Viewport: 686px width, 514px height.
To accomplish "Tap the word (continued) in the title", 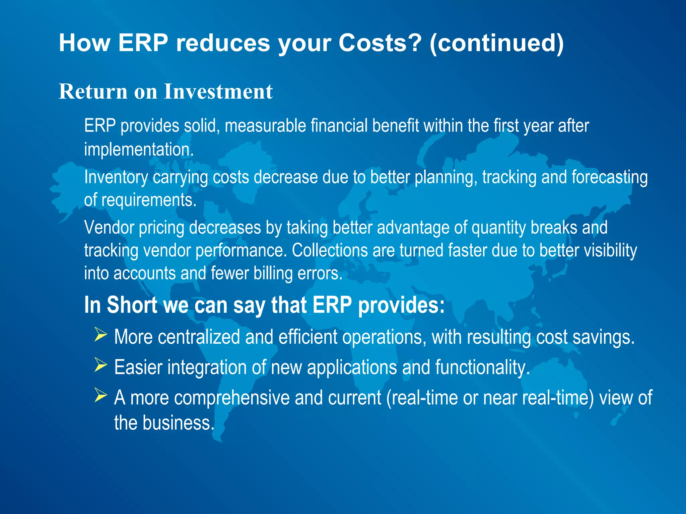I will click(x=496, y=44).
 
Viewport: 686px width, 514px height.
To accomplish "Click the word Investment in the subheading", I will click(x=218, y=91).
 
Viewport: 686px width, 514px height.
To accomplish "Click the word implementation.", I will click(x=139, y=149).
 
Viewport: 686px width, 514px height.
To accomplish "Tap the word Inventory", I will click(x=116, y=177).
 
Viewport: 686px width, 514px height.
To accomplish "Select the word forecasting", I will click(x=609, y=177).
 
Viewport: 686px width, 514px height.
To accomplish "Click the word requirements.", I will click(x=149, y=200).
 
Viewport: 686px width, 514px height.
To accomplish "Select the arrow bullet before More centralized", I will click(x=100, y=335).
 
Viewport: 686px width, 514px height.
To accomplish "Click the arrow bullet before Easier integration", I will click(x=100, y=365).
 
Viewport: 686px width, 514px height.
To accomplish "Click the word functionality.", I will click(x=482, y=367).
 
